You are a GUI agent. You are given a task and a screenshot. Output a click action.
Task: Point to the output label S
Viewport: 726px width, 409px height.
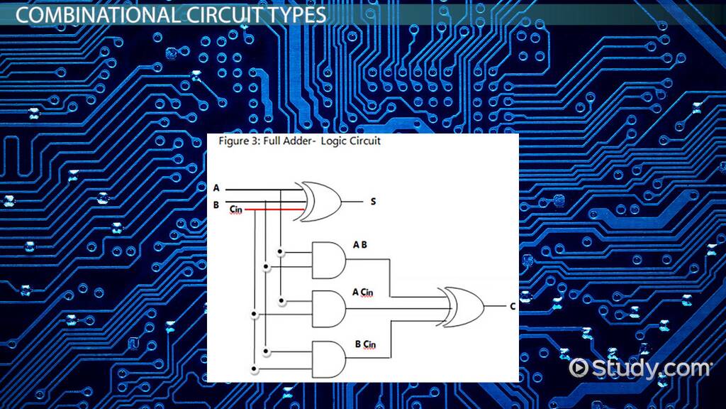click(x=373, y=202)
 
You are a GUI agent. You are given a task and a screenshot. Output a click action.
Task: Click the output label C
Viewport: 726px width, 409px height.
click(x=512, y=307)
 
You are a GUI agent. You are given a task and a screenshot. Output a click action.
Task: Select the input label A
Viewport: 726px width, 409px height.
click(x=216, y=189)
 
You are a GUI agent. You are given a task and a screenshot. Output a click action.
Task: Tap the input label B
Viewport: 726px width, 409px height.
click(x=216, y=205)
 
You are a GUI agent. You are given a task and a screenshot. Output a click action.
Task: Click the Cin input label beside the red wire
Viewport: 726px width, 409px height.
click(x=236, y=211)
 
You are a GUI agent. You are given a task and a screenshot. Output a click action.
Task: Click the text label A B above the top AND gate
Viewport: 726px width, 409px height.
click(x=360, y=245)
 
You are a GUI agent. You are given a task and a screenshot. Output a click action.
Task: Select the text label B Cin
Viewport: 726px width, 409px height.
click(x=365, y=345)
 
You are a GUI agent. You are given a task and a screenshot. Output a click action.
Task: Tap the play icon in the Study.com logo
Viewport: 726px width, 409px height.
click(x=579, y=368)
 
